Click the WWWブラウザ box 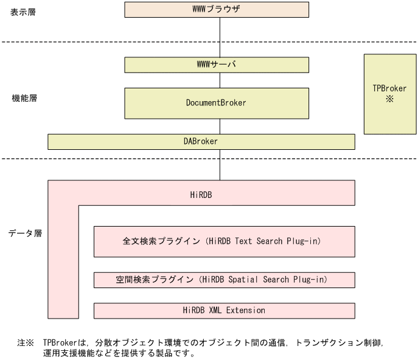point(216,10)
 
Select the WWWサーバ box point(216,65)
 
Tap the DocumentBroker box point(216,103)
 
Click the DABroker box point(201,141)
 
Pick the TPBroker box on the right point(389,93)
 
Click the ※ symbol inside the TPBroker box point(389,99)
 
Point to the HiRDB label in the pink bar point(201,194)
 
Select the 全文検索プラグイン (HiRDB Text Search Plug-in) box point(224,241)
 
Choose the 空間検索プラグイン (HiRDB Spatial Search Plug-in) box point(224,280)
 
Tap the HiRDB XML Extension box point(224,310)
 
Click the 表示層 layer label point(24,12)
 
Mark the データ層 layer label point(25,233)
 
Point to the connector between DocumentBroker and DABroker point(220,126)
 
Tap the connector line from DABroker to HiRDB point(220,164)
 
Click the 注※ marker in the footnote point(25,343)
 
